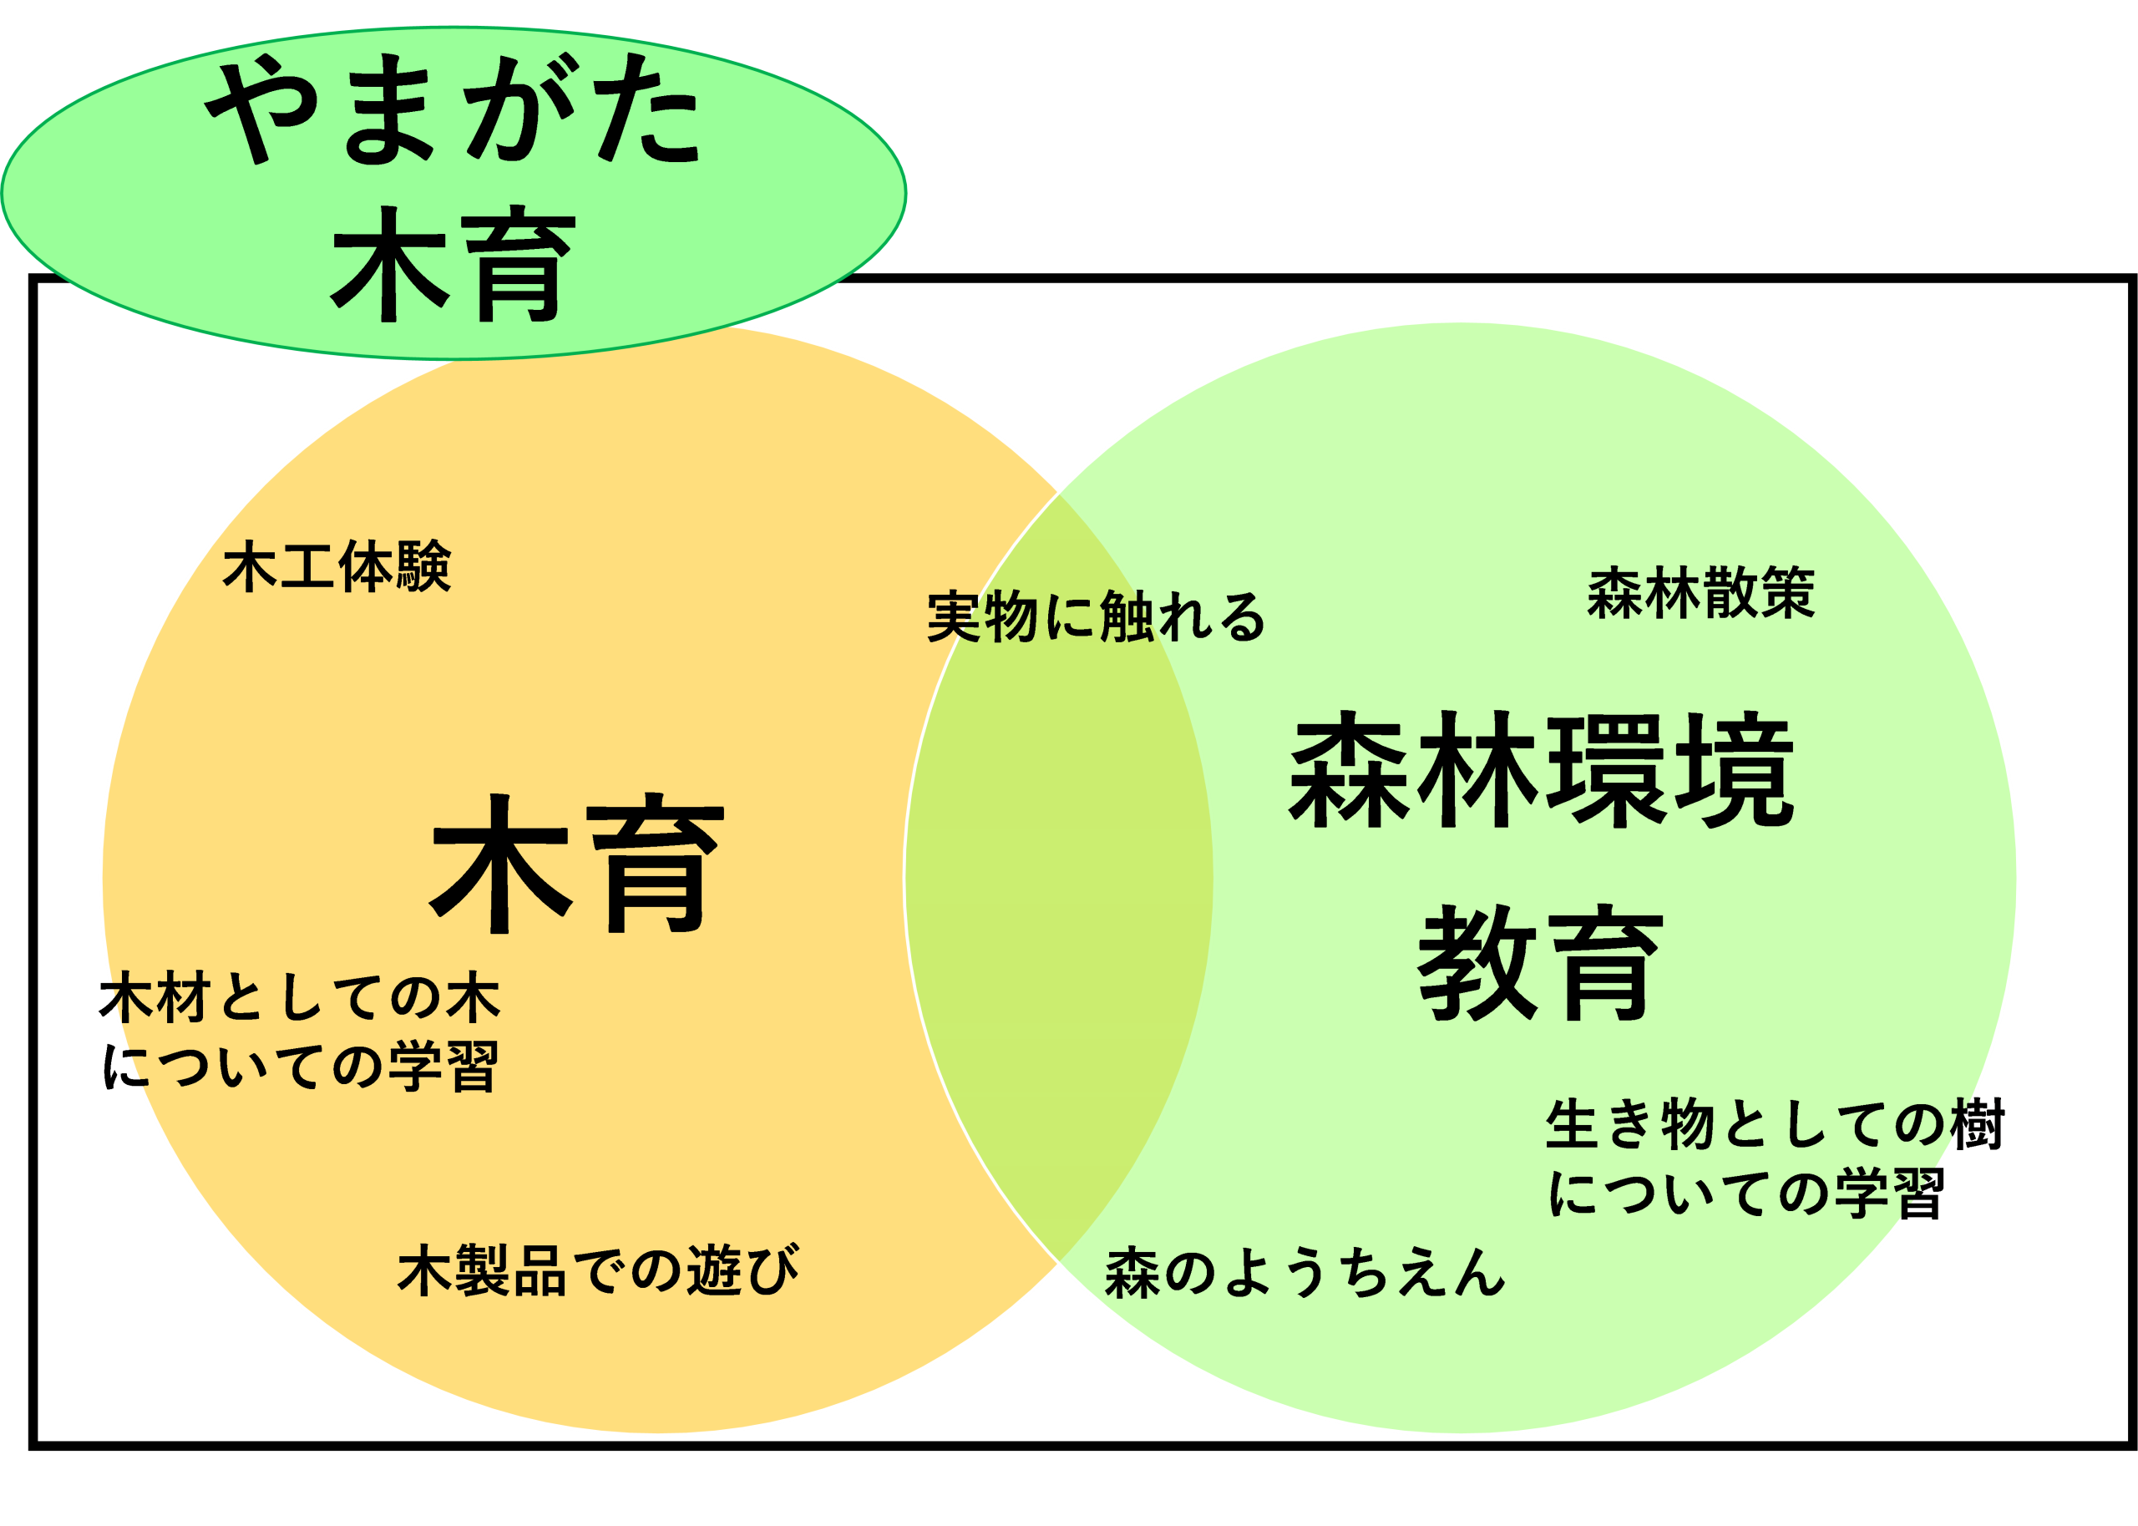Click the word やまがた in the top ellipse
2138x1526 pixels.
pos(453,111)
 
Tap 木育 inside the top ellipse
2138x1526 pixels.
pos(453,266)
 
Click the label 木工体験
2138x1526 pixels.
pos(337,566)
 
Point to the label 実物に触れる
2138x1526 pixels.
pos(1095,617)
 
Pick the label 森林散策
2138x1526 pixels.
pos(1700,594)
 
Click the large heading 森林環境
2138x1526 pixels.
pos(1542,773)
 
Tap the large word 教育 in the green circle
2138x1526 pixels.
pos(1541,964)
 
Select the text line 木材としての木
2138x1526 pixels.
pos(302,998)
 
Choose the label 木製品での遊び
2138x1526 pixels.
pos(598,1270)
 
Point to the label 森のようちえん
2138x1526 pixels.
pos(1305,1273)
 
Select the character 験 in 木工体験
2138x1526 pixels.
pos(423,566)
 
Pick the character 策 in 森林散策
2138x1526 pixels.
pos(1787,594)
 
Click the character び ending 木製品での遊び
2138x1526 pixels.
pos(770,1270)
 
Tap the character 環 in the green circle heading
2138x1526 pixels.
pos(1607,773)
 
